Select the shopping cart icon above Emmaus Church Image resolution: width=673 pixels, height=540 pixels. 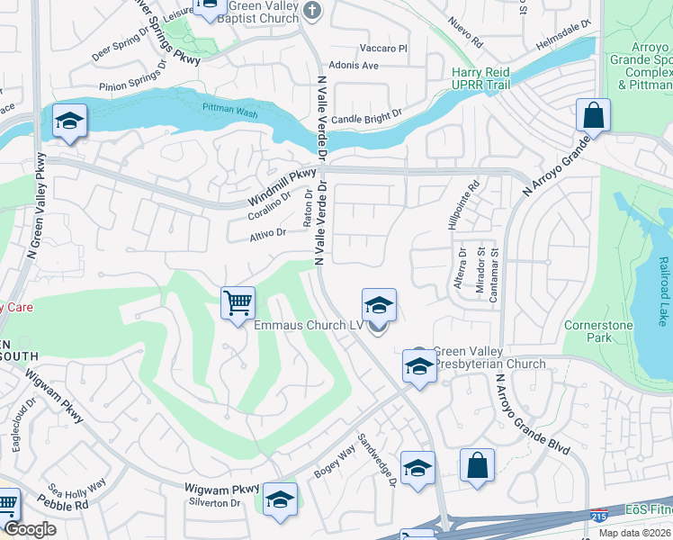pos(238,302)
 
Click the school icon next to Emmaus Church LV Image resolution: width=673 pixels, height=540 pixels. pos(380,305)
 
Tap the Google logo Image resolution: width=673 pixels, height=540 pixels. pos(30,529)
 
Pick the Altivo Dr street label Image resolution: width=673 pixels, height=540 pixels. pos(267,234)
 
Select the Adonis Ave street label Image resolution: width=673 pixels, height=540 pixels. pos(353,66)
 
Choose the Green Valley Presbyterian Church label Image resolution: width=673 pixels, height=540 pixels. pos(489,358)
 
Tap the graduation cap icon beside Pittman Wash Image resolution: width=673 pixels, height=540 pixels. pos(68,121)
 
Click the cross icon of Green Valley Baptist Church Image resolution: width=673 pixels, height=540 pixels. pos(311,12)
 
